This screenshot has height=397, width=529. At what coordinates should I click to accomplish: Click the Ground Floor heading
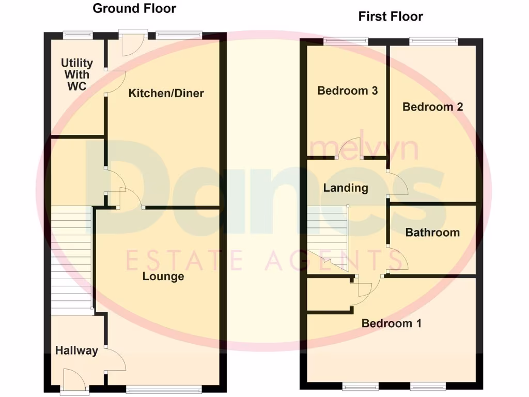[134, 8]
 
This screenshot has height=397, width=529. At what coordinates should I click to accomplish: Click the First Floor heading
[391, 17]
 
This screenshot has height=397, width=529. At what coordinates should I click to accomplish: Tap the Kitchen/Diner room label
[166, 94]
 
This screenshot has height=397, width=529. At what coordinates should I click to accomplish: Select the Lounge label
[163, 277]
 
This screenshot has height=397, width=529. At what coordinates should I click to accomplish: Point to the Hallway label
[76, 350]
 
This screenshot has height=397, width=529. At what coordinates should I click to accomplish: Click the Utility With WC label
[77, 74]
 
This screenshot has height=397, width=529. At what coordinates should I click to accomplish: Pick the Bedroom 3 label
[348, 91]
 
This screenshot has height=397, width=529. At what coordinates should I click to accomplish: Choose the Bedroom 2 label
[433, 107]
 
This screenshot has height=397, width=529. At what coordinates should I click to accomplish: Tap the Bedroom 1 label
[392, 324]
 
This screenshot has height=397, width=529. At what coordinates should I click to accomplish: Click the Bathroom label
[432, 233]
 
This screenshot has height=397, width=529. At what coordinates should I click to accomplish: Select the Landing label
[346, 188]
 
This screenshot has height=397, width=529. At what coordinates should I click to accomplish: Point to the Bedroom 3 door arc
[349, 147]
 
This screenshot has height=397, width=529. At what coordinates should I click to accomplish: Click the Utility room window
[78, 35]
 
